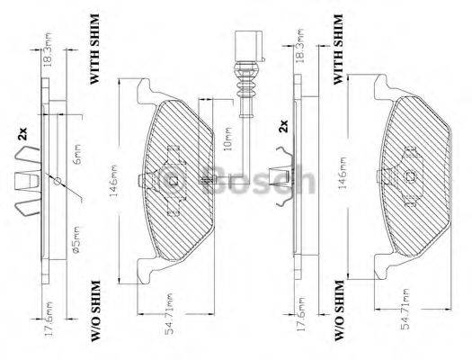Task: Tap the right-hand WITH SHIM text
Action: click(339, 49)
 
